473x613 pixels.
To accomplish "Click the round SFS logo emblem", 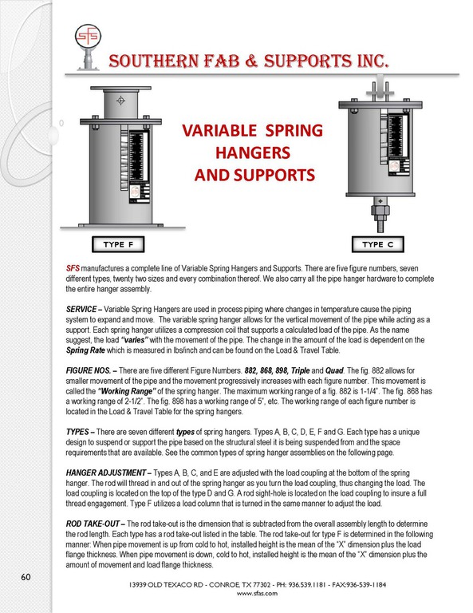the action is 88,37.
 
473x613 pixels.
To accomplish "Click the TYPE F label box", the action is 118,245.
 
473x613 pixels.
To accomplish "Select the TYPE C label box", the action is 377,245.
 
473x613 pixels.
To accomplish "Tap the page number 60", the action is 26,577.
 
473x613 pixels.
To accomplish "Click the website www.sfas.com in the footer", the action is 257,593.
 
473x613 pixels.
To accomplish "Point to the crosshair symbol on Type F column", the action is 120,101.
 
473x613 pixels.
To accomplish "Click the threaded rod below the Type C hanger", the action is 380,226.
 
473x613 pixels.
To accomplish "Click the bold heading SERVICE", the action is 81,309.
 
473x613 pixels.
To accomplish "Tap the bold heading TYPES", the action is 77,432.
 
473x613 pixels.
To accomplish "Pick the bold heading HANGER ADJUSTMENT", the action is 105,473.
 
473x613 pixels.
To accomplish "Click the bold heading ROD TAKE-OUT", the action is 93,524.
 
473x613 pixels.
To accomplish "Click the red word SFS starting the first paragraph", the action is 73,268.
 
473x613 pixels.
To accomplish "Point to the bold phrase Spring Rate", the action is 85,350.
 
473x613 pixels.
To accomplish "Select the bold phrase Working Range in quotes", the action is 127,391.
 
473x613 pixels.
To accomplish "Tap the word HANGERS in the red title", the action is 253,153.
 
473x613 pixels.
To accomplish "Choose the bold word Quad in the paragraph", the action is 334,370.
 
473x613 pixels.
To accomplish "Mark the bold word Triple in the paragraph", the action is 301,370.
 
